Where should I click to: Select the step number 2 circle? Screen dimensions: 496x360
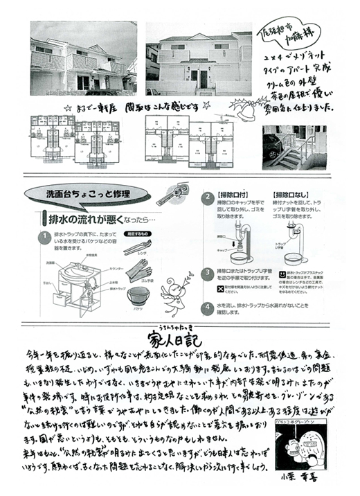click(206, 197)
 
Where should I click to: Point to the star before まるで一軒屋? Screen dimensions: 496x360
click(66, 108)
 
